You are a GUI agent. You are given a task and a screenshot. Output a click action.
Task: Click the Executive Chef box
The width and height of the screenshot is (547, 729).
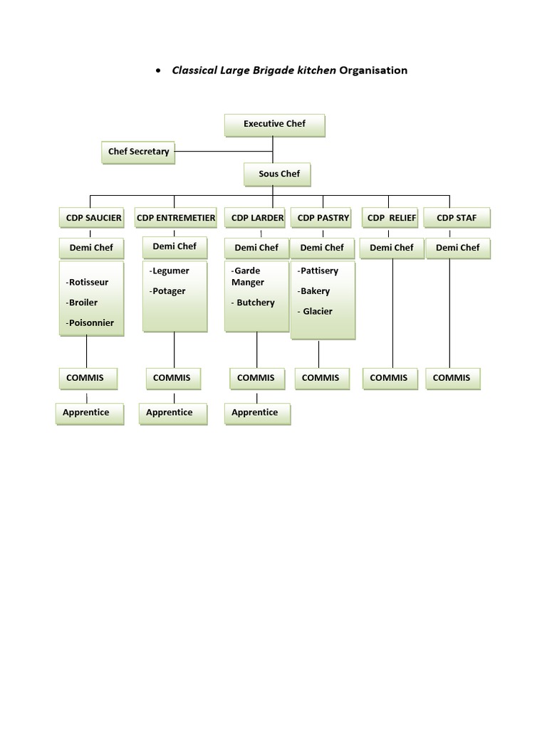(x=274, y=125)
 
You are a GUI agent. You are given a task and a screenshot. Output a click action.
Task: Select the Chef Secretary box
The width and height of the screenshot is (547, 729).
(x=138, y=152)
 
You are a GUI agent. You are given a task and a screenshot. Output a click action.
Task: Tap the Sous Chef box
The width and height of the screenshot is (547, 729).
(x=277, y=174)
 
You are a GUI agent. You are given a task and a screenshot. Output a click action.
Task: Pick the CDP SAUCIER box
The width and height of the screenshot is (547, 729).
(x=92, y=218)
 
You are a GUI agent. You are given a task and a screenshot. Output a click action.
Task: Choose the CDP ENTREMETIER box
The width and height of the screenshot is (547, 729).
(x=176, y=218)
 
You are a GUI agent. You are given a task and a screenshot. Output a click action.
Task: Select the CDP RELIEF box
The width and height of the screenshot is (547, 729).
(x=390, y=218)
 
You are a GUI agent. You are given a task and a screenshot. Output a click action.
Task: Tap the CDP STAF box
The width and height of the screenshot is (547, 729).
(x=457, y=218)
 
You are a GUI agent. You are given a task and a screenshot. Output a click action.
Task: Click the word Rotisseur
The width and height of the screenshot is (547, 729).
(x=88, y=282)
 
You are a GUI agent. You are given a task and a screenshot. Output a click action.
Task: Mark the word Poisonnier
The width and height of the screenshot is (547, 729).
(x=90, y=322)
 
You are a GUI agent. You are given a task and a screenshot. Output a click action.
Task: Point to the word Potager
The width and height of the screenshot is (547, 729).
(x=167, y=291)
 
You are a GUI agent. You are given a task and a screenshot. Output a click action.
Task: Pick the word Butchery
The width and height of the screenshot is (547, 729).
(x=256, y=303)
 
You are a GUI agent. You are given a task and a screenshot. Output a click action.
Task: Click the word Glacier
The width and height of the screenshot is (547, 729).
(x=317, y=312)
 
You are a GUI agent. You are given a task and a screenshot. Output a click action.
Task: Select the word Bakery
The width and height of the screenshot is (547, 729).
(x=314, y=291)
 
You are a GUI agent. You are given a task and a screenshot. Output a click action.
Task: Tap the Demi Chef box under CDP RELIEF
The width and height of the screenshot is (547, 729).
(x=392, y=248)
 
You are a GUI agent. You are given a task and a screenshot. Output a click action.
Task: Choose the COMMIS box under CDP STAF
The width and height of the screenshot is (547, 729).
(x=452, y=379)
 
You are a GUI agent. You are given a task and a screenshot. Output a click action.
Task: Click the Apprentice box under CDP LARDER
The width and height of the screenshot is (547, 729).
(x=257, y=414)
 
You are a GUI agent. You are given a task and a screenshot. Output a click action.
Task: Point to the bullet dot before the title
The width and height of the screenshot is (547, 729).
(x=159, y=70)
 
